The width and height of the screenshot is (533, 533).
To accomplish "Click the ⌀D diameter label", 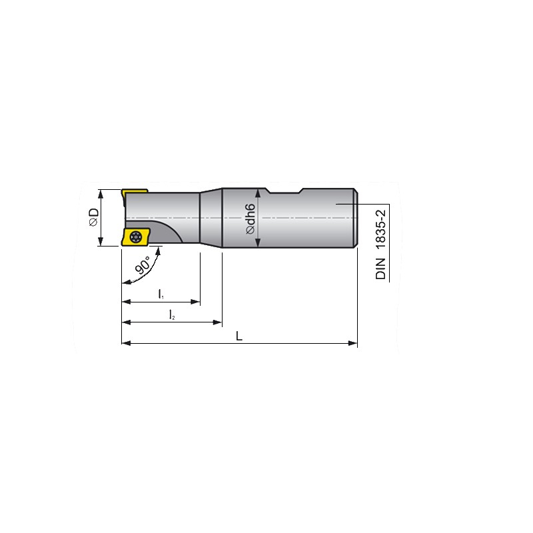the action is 93,217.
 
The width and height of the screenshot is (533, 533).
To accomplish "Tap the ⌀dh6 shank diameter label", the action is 251,219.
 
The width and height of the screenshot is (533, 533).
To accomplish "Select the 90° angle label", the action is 143,265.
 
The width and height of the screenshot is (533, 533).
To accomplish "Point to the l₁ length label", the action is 161,294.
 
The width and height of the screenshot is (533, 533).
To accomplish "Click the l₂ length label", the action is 172,314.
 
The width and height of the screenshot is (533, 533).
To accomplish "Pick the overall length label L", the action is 239,336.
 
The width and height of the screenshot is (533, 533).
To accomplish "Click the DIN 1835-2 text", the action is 380,245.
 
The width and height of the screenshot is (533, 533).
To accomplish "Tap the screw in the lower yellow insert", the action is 136,237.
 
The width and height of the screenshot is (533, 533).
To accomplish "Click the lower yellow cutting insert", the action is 135,237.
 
